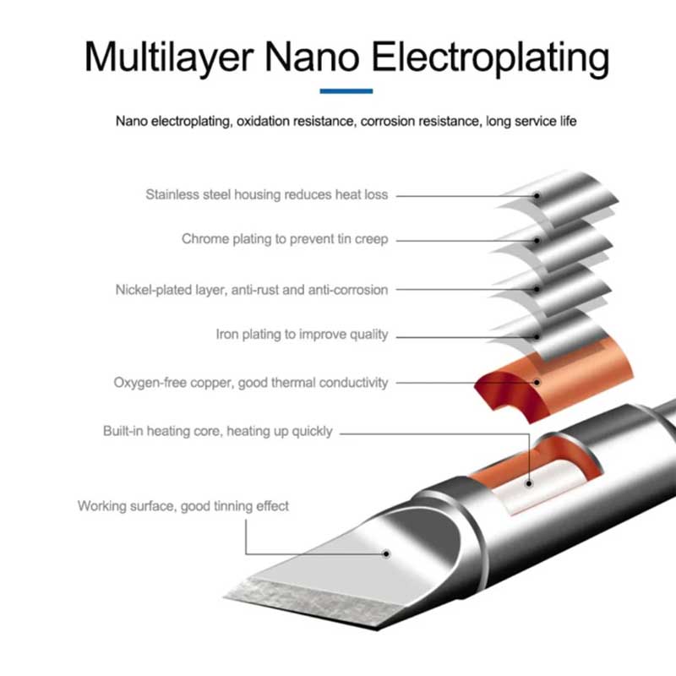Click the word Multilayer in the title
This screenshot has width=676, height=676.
click(x=168, y=57)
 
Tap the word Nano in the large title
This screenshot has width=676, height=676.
click(x=312, y=57)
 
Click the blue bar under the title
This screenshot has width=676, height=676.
click(x=346, y=91)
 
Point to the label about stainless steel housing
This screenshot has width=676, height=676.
click(x=267, y=194)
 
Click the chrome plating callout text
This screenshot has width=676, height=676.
click(x=285, y=239)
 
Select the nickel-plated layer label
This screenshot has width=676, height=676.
click(x=252, y=290)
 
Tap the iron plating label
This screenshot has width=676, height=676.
click(x=302, y=334)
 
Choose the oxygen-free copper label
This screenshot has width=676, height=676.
click(x=251, y=383)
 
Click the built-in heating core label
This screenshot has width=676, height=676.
click(x=218, y=431)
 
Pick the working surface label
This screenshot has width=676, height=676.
click(x=183, y=505)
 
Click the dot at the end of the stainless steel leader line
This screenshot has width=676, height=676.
click(x=537, y=196)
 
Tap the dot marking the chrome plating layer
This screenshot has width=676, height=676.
click(x=537, y=241)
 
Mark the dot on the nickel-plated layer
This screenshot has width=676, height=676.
click(x=537, y=289)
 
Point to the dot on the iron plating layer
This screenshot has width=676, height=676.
click(x=537, y=336)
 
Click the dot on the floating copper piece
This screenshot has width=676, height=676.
click(x=537, y=383)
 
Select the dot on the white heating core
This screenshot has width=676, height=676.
click(x=529, y=483)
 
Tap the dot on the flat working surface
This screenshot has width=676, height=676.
click(x=386, y=554)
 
